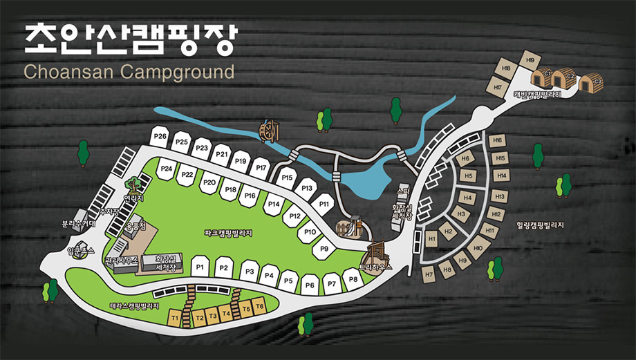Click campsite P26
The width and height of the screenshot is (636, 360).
160,137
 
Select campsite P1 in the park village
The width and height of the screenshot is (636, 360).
200,266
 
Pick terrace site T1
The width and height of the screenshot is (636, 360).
175,319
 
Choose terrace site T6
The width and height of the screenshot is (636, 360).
259,305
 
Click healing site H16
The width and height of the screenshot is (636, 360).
496,141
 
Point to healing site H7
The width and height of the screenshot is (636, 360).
429,274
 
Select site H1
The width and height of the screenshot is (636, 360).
432,240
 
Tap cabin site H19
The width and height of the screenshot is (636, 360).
530,60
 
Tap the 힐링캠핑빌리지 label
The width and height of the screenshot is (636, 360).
540,225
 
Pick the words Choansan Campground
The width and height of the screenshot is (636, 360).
129,71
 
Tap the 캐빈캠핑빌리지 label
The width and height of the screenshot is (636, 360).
536,95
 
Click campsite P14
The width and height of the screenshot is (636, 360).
273,205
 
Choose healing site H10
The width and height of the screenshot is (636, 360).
477,247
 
